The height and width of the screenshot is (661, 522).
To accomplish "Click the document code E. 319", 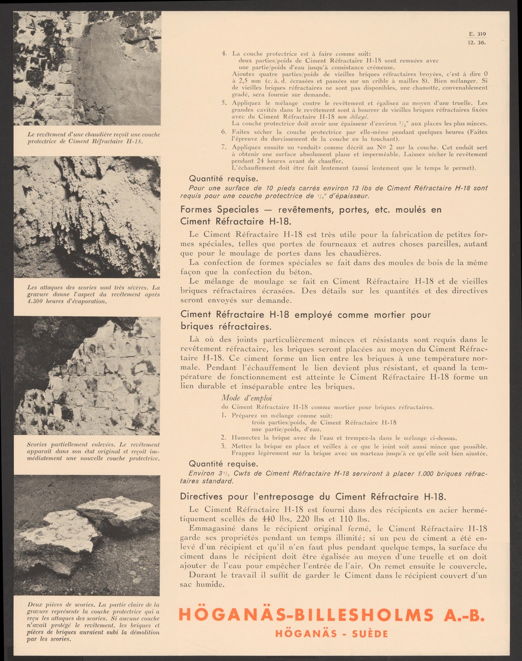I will (x=477, y=34).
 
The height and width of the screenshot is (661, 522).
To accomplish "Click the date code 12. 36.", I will (x=477, y=42).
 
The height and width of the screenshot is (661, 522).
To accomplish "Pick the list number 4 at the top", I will (x=224, y=53).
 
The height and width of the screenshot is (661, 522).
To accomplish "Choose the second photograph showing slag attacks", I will (x=87, y=216).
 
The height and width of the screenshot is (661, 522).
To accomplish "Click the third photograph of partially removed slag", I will (x=87, y=376).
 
